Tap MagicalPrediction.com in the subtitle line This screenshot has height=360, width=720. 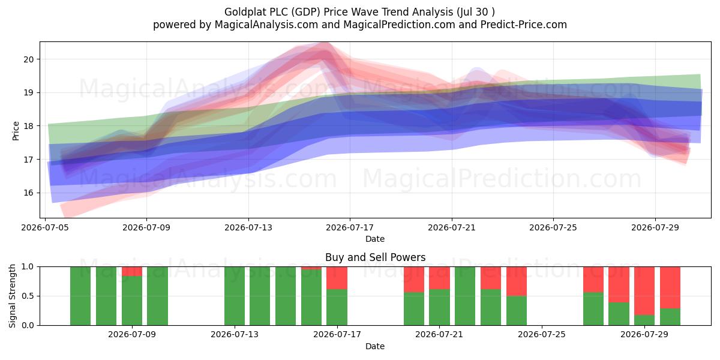coord(399,25)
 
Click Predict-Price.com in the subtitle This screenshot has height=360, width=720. coord(524,25)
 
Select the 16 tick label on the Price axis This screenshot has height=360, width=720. coord(29,193)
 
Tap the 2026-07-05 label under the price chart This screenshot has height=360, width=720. coord(45,227)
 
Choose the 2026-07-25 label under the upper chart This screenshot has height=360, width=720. coord(553,227)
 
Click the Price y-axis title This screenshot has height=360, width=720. coord(16,131)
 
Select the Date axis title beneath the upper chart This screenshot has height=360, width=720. coord(375,239)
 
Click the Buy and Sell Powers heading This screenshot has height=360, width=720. coord(375,257)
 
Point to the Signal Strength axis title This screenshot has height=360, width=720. coord(12,296)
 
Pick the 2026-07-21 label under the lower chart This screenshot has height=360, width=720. coord(439,334)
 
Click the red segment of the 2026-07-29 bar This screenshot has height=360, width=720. coord(644,291)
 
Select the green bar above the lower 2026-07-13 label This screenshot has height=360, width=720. coord(235,296)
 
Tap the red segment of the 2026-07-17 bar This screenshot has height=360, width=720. coord(337,278)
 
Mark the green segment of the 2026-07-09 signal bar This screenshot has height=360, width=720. coord(132,301)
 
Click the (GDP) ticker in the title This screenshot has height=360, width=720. coord(305,12)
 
